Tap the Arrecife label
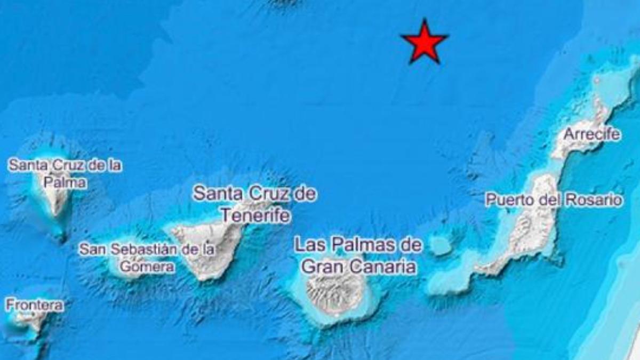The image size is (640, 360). [x=592, y=134]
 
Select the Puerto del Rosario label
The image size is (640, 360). [x=553, y=201]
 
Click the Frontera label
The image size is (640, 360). [x=34, y=306]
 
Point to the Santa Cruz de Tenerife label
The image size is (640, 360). [x=255, y=204]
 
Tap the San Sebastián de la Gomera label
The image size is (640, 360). [x=147, y=257]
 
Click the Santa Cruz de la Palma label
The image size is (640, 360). [x=65, y=173]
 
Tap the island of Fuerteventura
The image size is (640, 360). [x=528, y=235]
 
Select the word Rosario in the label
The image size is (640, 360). [x=596, y=201]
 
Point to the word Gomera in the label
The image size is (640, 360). [x=147, y=267]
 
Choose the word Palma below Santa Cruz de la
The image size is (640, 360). [x=65, y=182]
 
